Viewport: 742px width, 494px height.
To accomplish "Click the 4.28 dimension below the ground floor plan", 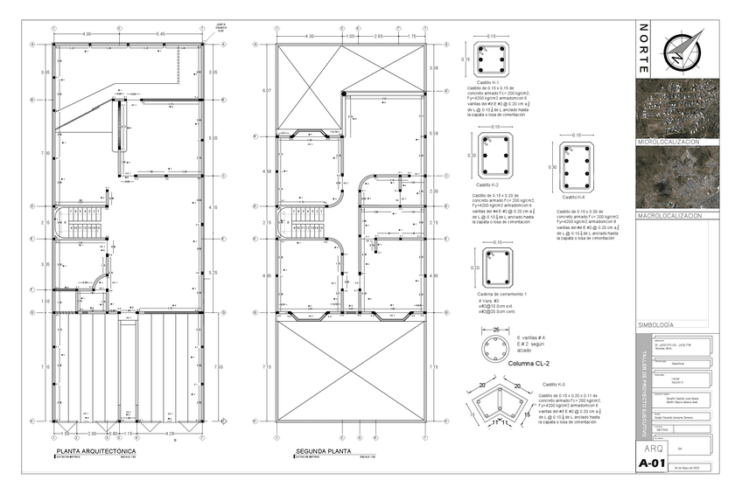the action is [x=169, y=434].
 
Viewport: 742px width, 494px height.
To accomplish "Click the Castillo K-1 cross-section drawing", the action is [x=491, y=59].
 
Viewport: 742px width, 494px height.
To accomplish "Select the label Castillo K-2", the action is [x=487, y=184].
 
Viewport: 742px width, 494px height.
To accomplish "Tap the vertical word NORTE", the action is [x=644, y=52].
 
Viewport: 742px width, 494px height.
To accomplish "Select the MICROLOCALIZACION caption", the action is [x=669, y=141].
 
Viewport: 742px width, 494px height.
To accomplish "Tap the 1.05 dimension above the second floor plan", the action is [x=349, y=37].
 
